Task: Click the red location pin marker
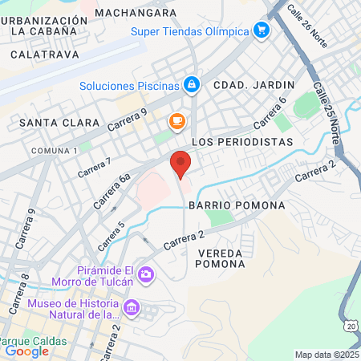click(x=180, y=164)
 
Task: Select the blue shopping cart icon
click(x=261, y=30)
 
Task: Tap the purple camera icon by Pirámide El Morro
click(x=146, y=275)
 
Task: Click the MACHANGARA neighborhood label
click(x=135, y=13)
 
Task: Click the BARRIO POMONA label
click(x=237, y=205)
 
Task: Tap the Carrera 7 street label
click(x=95, y=167)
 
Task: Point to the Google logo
click(x=26, y=351)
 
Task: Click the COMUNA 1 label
click(x=55, y=151)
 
